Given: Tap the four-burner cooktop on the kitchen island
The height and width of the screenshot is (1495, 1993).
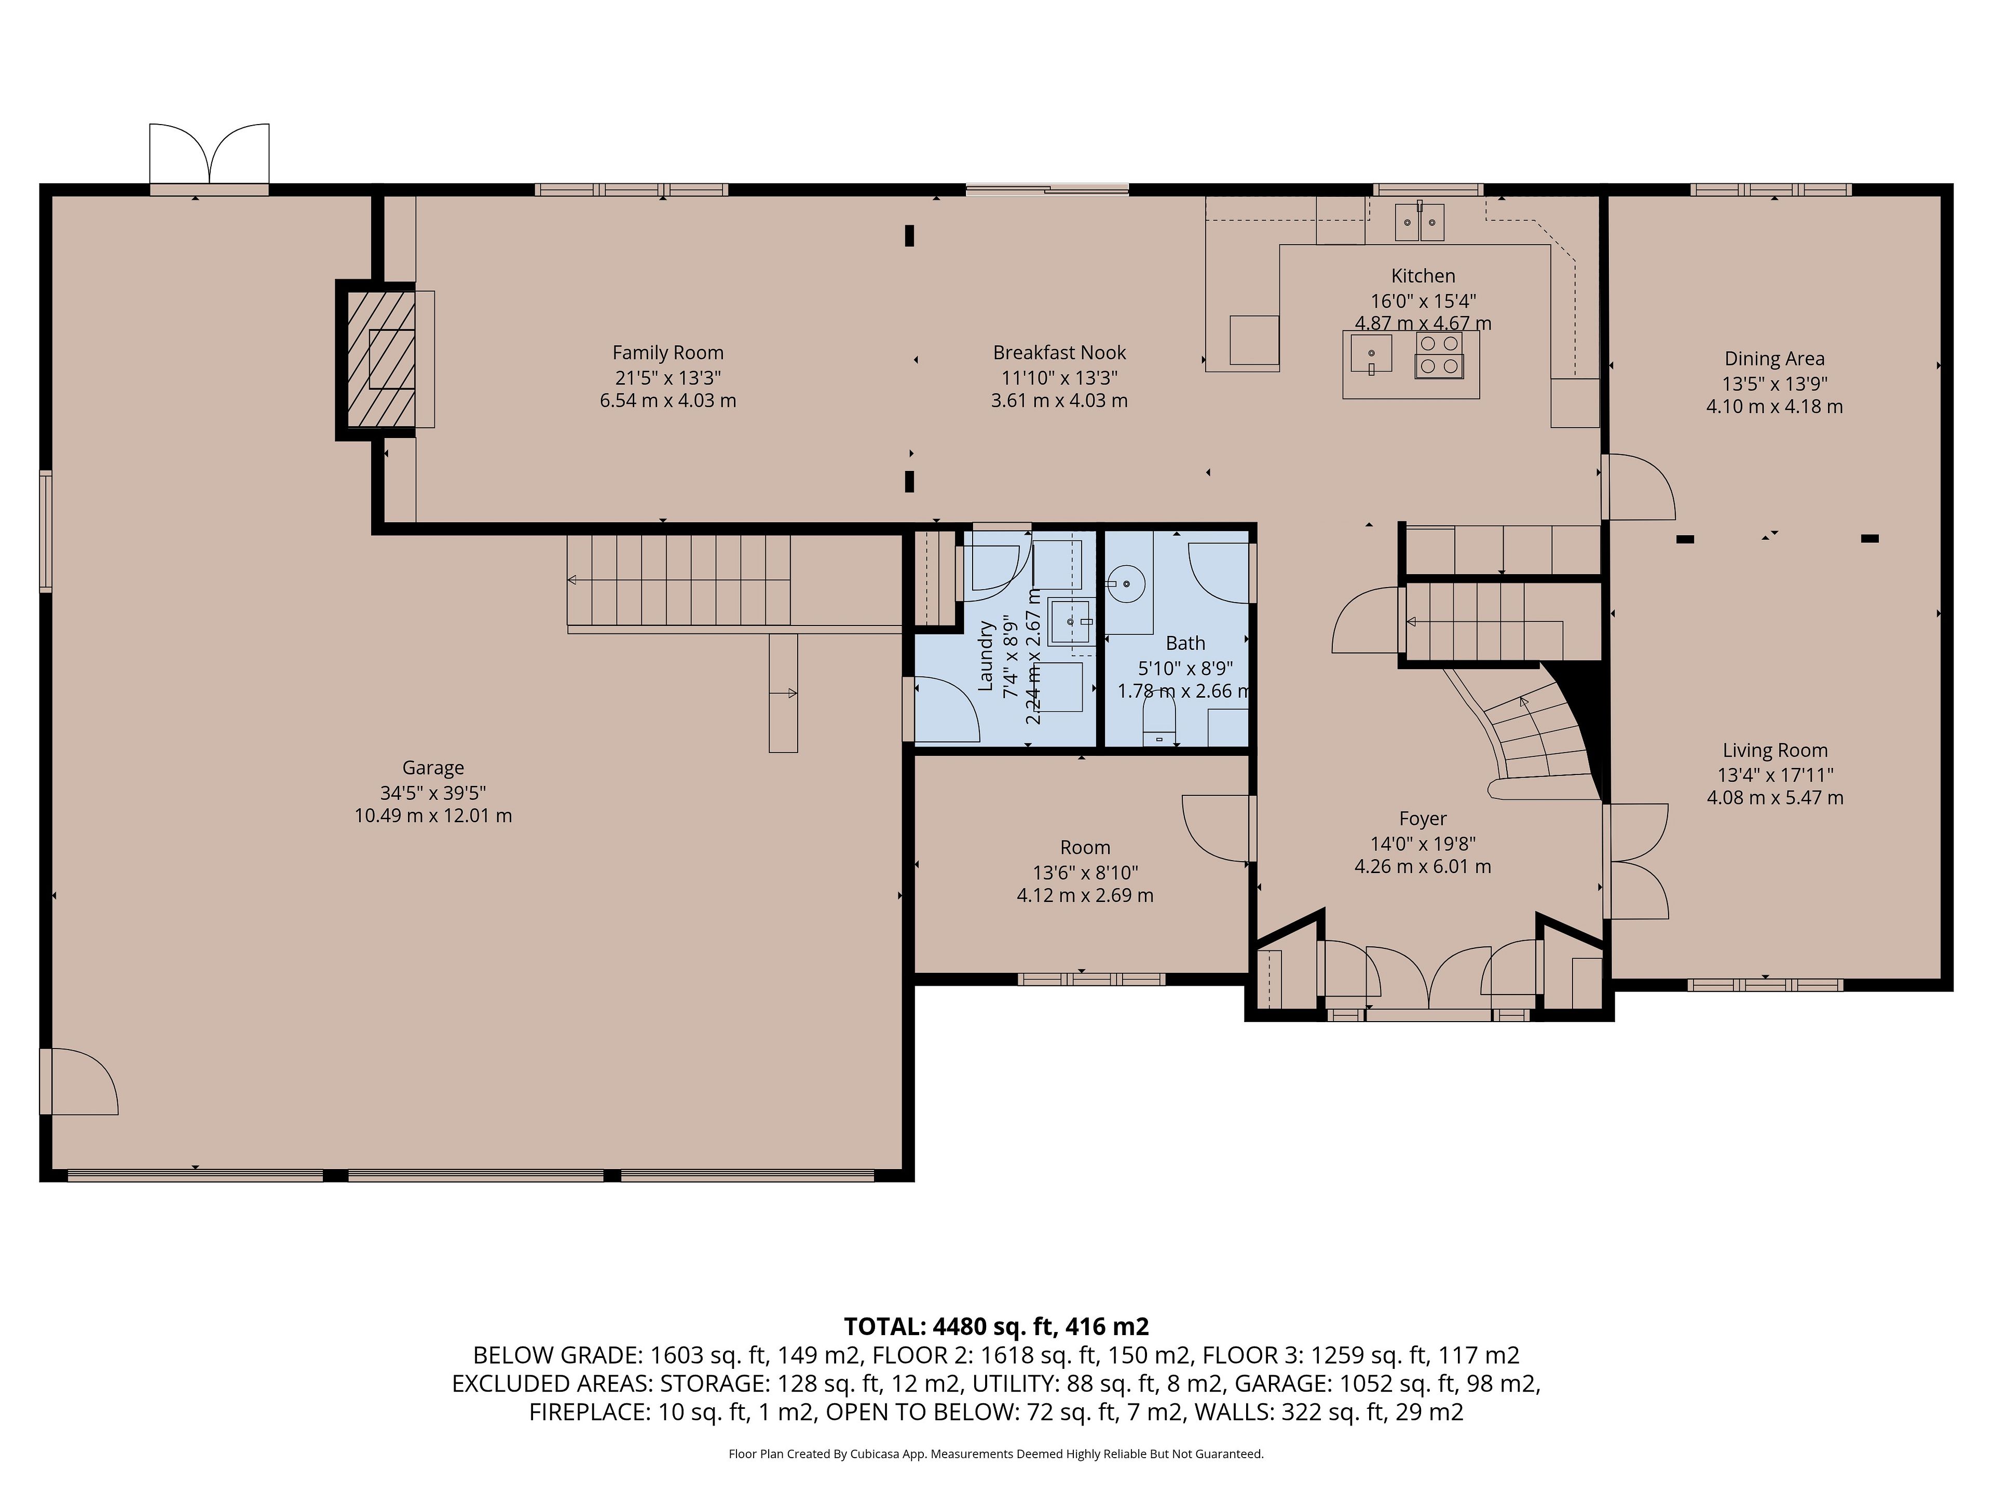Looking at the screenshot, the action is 1439,354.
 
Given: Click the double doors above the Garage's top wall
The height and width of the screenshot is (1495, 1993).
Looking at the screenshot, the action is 209,155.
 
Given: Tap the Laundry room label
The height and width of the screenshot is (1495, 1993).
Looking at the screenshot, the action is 986,655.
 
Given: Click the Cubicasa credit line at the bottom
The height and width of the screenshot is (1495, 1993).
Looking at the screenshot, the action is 996,1453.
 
